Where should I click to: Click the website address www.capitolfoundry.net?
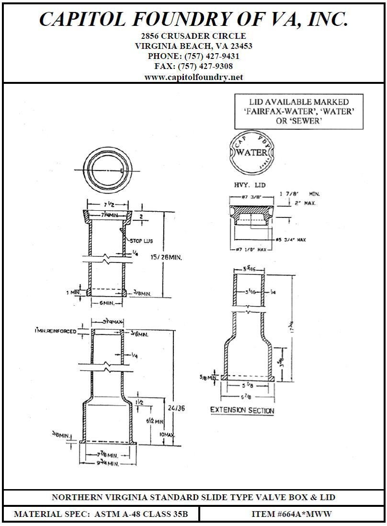pos(193,77)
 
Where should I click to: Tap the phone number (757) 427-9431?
pos(212,56)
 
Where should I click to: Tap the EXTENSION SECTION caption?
pos(242,411)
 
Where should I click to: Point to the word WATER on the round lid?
pos(252,152)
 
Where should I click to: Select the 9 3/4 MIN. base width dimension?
pos(106,464)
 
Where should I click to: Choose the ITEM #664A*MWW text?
pos(291,515)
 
